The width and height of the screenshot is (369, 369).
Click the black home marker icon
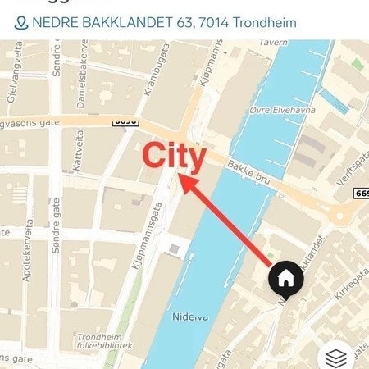[286, 279]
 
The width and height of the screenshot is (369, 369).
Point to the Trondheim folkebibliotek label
[100, 342]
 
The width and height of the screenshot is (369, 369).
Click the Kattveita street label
[79, 153]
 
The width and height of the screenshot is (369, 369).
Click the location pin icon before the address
[21, 22]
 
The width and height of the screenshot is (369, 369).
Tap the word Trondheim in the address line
[265, 22]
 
